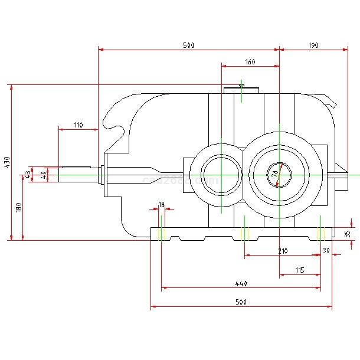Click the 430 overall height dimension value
click(6, 162)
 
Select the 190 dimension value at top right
click(312, 45)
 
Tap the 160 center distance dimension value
click(250, 62)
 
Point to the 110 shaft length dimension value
click(78, 125)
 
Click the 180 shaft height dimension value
click(18, 207)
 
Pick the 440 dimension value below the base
click(240, 284)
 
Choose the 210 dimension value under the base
click(283, 251)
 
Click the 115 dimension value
click(299, 270)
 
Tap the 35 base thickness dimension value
click(348, 234)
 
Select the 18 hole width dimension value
click(161, 204)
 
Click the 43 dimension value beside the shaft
click(27, 175)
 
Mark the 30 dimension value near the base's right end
click(326, 251)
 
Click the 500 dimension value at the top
click(188, 45)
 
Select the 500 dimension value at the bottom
click(240, 302)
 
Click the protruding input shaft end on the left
click(74, 175)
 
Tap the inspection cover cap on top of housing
click(241, 90)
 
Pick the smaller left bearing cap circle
click(221, 175)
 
